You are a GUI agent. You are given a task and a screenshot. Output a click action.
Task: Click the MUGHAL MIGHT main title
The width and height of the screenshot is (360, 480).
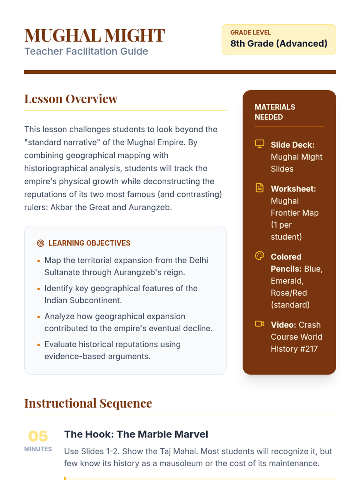pyautogui.click(x=94, y=35)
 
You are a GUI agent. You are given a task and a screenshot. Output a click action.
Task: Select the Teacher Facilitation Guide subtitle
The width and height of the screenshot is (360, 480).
pyautogui.click(x=86, y=51)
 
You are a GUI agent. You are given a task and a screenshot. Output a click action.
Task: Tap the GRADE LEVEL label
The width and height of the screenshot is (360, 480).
pyautogui.click(x=250, y=32)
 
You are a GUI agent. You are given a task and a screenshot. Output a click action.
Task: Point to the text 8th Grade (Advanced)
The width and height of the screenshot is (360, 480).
pyautogui.click(x=279, y=43)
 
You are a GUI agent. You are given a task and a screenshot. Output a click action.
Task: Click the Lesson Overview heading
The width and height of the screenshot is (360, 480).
pyautogui.click(x=71, y=99)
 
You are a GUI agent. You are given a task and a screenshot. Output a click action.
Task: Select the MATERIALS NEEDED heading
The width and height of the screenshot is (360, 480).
pyautogui.click(x=275, y=112)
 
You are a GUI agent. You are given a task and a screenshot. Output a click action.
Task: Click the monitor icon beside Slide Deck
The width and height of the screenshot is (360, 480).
pyautogui.click(x=259, y=144)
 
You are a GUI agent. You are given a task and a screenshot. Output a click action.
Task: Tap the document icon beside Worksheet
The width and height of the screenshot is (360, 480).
pyautogui.click(x=259, y=188)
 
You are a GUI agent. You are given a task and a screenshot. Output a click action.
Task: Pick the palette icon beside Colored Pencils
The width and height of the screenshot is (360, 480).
pyautogui.click(x=259, y=256)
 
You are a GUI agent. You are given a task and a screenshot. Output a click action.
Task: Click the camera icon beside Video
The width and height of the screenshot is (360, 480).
pyautogui.click(x=259, y=324)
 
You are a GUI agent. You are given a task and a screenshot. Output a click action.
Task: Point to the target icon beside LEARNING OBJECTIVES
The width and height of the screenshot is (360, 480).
pyautogui.click(x=40, y=243)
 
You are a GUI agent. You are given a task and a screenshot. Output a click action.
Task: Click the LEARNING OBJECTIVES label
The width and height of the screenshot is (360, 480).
pyautogui.click(x=89, y=243)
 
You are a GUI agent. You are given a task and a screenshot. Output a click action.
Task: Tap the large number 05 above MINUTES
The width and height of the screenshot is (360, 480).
pyautogui.click(x=38, y=436)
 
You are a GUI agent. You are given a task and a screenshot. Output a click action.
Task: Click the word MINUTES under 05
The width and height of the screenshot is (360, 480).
pyautogui.click(x=38, y=449)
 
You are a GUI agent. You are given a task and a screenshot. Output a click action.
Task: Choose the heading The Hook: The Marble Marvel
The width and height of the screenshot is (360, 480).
pyautogui.click(x=136, y=434)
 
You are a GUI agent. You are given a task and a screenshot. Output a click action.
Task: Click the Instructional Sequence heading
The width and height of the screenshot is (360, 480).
pyautogui.click(x=88, y=403)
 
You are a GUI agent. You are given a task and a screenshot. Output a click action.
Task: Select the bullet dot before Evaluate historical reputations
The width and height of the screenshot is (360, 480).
pyautogui.click(x=38, y=345)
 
